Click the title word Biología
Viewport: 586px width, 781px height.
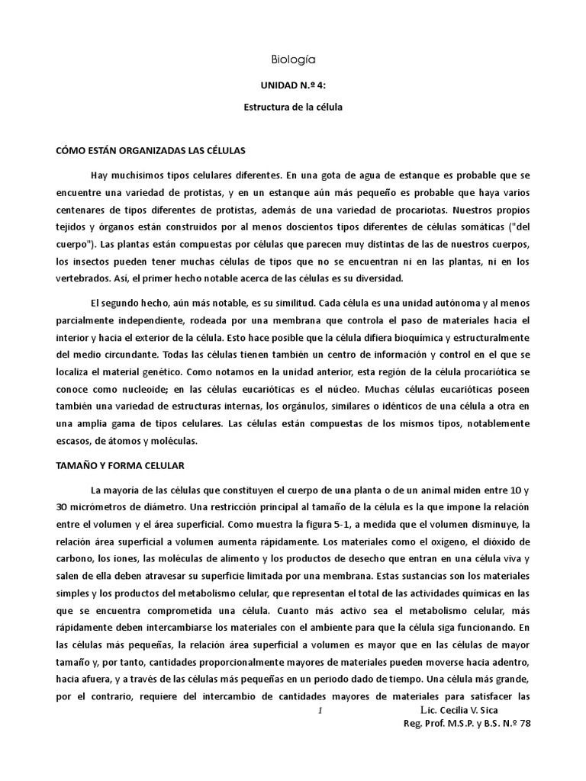click(x=294, y=59)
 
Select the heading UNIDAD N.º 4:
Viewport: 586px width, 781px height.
click(x=293, y=87)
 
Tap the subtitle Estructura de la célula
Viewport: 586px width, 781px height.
click(x=293, y=108)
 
